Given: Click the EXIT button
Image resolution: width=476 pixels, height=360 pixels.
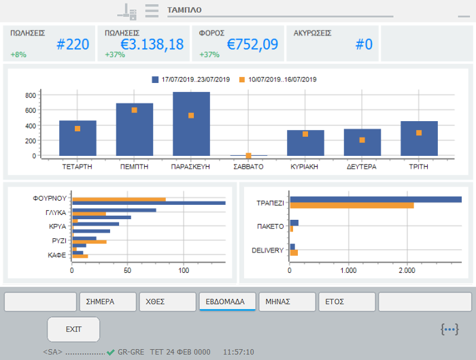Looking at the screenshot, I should coord(73,329).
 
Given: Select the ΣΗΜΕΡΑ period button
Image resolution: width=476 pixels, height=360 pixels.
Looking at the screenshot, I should coord(107,301).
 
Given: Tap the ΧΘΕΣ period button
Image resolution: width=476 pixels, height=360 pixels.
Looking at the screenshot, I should coord(167,301).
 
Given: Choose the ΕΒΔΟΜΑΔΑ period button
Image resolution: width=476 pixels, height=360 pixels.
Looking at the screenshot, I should coord(226,301).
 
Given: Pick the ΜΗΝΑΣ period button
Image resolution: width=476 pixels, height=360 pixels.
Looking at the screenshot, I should coord(277,301).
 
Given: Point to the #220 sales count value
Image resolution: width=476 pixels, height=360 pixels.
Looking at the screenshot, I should coord(73,45).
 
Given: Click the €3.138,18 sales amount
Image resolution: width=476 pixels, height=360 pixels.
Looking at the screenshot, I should coord(152,45).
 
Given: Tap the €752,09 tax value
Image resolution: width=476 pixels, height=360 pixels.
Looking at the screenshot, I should coord(252,45).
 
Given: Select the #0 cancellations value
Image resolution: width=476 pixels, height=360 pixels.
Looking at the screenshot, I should coord(364,45).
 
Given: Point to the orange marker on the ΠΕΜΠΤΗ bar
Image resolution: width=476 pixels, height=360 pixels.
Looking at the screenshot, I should coord(134,110).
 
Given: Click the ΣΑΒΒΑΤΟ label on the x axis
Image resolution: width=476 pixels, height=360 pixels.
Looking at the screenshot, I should coord(248,166).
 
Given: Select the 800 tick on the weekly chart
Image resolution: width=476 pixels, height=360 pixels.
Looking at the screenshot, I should coord(31,95).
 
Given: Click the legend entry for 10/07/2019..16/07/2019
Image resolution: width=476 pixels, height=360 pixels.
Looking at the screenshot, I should coord(279,80).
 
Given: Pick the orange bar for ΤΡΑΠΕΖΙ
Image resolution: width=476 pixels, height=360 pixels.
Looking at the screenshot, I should coord(352,205).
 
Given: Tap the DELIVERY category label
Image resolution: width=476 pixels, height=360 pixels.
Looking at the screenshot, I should coord(267,250).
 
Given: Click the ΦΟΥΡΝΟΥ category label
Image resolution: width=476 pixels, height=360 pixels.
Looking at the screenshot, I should coord(50,199).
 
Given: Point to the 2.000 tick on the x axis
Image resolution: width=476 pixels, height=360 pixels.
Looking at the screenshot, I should coord(406,271).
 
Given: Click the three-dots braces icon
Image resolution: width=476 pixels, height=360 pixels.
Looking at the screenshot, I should coord(449,329).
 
